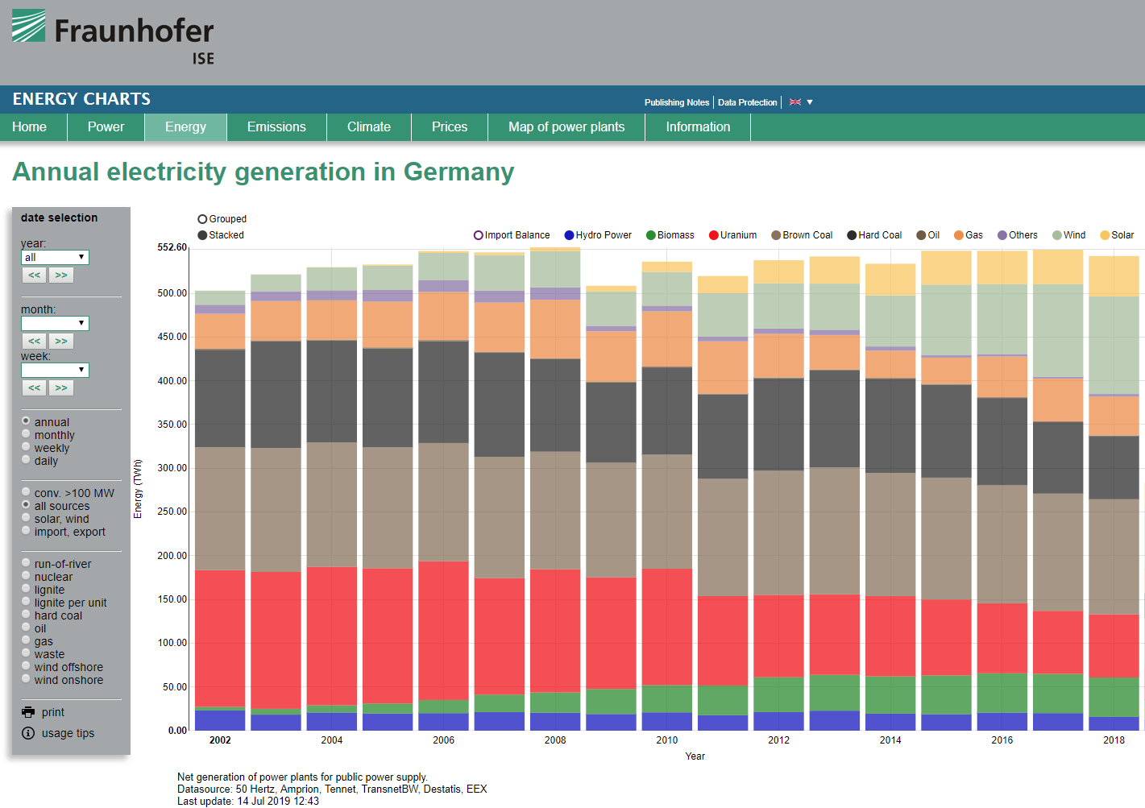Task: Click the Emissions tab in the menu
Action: click(x=276, y=127)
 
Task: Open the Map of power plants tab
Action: click(x=566, y=127)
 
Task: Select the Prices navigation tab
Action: click(x=450, y=127)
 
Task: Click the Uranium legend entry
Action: click(x=732, y=235)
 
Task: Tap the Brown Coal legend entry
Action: click(x=802, y=235)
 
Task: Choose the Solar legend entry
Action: click(x=1117, y=235)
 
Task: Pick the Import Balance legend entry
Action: click(x=512, y=235)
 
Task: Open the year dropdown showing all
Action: click(x=55, y=257)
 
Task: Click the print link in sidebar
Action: click(x=52, y=712)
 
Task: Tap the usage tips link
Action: click(x=68, y=733)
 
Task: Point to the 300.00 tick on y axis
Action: click(x=172, y=468)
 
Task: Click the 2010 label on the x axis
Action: click(x=667, y=740)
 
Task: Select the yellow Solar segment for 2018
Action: click(x=1114, y=276)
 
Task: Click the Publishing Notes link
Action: click(x=677, y=102)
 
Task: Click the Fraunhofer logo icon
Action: click(x=29, y=26)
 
